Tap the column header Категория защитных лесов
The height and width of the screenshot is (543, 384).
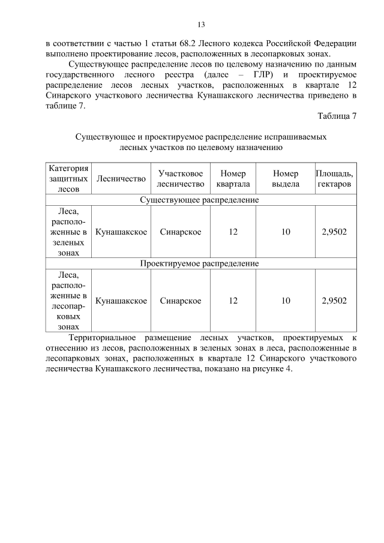(x=68, y=178)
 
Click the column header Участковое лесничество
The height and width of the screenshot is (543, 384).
(x=181, y=178)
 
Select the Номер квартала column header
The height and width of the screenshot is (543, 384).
(x=233, y=178)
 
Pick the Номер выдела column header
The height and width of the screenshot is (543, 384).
(x=285, y=178)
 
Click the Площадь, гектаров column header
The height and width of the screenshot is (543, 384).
(x=334, y=178)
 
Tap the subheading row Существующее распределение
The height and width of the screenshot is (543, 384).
(x=199, y=200)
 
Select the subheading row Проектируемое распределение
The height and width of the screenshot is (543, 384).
(x=199, y=263)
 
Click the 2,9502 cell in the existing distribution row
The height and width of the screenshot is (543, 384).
(x=334, y=232)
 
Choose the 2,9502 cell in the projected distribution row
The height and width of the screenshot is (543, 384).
(x=334, y=301)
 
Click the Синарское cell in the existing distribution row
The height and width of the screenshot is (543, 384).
(x=181, y=232)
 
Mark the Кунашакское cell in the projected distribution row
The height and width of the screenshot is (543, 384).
(x=121, y=301)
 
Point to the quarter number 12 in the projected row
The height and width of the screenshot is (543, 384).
(x=233, y=301)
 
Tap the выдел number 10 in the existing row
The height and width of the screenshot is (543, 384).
(x=285, y=232)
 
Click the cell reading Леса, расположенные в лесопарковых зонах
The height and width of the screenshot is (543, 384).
(x=68, y=301)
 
